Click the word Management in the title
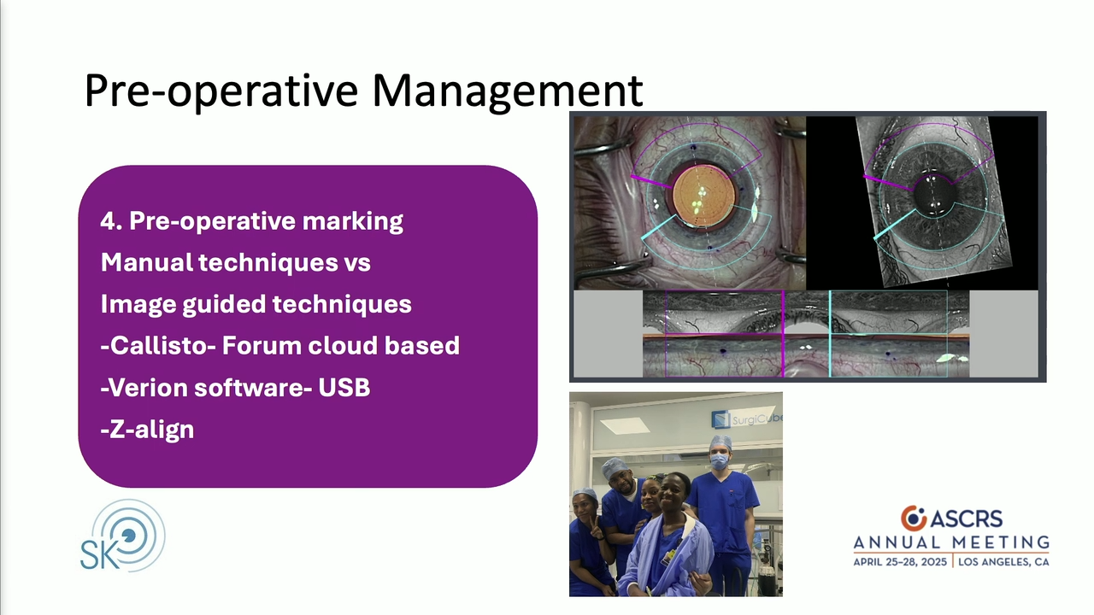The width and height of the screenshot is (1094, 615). [508, 90]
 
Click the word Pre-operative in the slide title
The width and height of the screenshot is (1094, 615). [221, 91]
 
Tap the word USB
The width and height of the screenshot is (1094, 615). [344, 388]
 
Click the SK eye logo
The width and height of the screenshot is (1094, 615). [123, 535]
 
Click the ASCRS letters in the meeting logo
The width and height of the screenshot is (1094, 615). [966, 518]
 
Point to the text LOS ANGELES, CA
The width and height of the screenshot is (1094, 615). [1003, 562]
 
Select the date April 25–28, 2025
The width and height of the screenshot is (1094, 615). [900, 562]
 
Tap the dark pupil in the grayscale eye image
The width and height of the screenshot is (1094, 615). [932, 196]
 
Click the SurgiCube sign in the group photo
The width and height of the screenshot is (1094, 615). [747, 419]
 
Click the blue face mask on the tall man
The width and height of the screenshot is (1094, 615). [719, 462]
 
